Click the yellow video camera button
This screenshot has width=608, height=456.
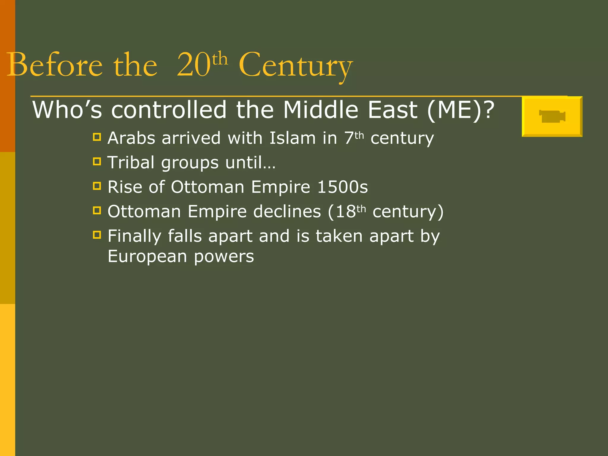552,116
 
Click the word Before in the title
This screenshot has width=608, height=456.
55,65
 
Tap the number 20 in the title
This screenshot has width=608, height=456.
194,65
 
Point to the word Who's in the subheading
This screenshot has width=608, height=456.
67,110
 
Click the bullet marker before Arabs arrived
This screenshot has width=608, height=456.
97,137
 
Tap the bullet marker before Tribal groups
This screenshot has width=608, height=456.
97,161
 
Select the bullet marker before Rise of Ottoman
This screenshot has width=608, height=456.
97,186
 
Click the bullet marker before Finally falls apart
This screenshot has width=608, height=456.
97,235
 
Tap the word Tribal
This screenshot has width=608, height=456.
131,163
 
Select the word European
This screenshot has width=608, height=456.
147,256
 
